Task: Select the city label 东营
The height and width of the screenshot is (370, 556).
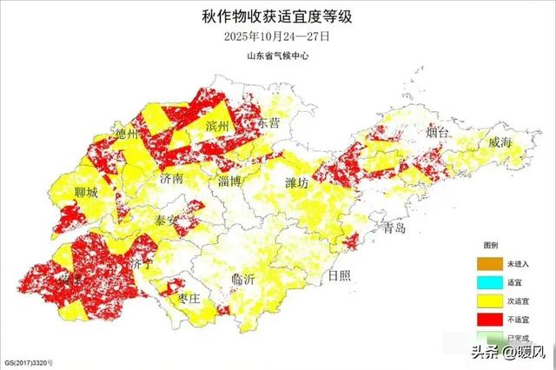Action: [268, 124]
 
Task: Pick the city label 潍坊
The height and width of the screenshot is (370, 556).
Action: [297, 184]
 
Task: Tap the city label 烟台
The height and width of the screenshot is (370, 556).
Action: [437, 133]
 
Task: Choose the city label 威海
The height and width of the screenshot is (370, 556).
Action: [500, 142]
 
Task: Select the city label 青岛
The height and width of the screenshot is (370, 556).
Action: [394, 228]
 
